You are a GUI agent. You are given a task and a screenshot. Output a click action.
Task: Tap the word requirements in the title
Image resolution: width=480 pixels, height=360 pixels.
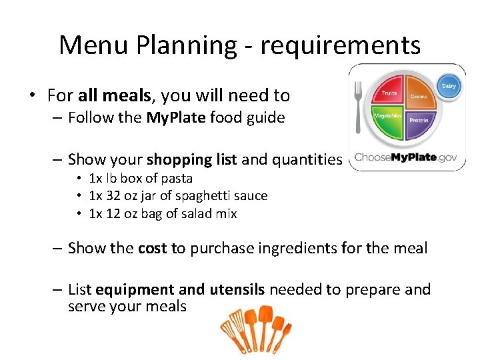click(340, 45)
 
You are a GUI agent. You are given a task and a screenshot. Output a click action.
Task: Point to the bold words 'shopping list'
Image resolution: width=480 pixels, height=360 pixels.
click(191, 159)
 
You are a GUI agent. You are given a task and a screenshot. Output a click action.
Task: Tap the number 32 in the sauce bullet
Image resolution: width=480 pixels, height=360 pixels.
click(113, 196)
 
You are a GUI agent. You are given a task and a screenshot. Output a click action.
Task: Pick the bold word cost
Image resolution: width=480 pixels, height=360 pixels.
click(153, 248)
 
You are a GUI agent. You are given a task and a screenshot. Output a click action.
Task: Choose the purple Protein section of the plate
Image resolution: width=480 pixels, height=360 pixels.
click(419, 122)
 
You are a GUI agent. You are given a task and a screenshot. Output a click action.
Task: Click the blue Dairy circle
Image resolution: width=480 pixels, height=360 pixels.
click(448, 87)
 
